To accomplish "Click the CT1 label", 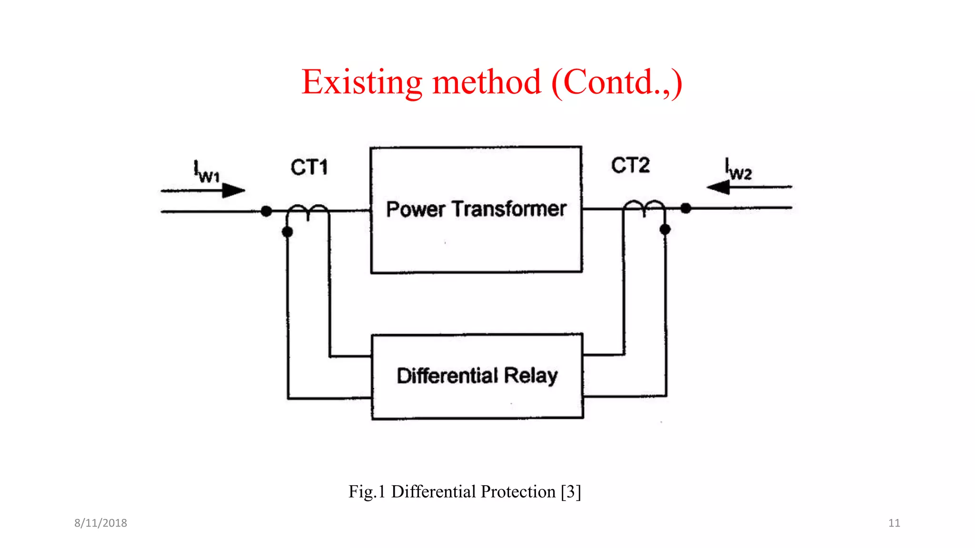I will (309, 167).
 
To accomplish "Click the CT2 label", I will (630, 166).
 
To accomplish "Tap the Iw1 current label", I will (206, 172).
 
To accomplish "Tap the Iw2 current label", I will (738, 169).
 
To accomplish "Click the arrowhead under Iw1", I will (233, 191).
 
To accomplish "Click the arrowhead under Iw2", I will (718, 187).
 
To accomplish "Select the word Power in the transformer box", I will (416, 209).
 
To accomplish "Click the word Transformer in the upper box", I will (509, 209).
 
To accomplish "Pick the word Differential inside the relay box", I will (448, 376).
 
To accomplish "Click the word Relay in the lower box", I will (531, 376).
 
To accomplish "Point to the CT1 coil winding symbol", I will (308, 211).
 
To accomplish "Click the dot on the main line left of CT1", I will (267, 211).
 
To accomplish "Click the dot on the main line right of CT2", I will (686, 208).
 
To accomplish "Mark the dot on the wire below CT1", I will (287, 232).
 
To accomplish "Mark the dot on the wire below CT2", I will (665, 229).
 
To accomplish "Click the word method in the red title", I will (487, 82).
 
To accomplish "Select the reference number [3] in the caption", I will (571, 491).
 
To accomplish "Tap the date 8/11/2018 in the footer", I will (100, 523).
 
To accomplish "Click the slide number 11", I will (894, 523).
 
